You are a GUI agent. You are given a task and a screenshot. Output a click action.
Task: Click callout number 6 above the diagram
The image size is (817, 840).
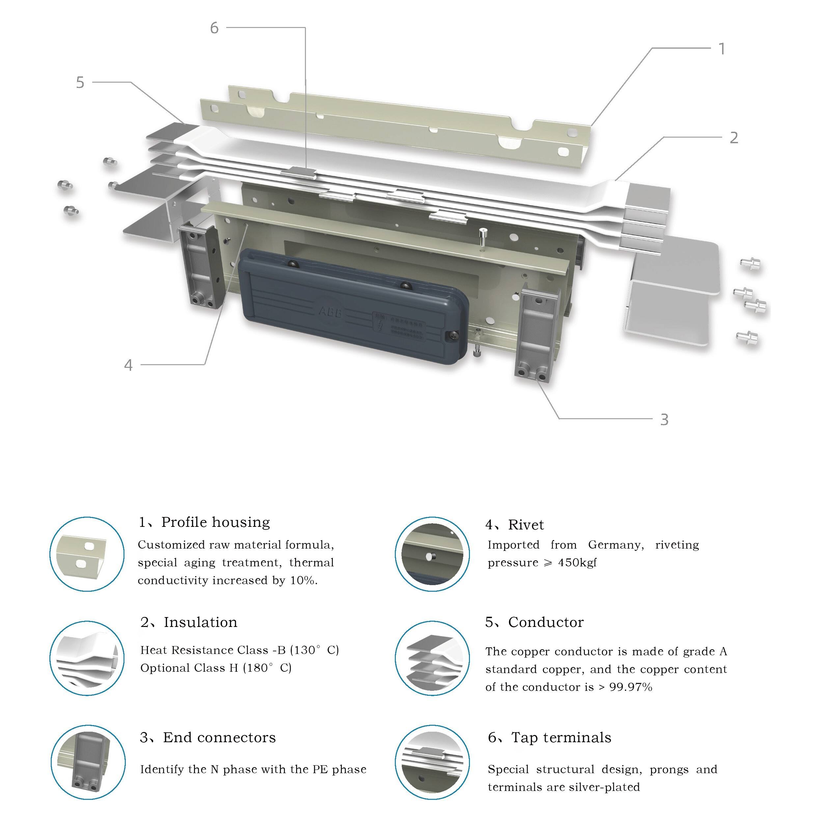[x=214, y=28]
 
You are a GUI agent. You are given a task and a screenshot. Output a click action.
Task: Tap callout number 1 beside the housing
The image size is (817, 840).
[x=722, y=49]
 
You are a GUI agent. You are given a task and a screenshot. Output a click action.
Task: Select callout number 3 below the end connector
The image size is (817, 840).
[x=664, y=420]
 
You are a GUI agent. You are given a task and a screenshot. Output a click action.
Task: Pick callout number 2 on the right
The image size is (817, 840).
[x=734, y=138]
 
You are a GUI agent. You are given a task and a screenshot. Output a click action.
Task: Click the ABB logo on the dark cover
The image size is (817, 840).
[x=330, y=311]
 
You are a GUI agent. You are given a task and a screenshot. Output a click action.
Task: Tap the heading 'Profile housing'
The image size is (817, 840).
[x=215, y=522]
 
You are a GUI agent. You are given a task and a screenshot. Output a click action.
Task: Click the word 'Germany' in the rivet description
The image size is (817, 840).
[x=616, y=545]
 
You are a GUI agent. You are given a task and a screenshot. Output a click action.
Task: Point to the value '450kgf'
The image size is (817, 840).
[x=577, y=562]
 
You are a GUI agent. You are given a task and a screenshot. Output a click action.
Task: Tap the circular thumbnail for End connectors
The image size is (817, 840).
[x=88, y=762]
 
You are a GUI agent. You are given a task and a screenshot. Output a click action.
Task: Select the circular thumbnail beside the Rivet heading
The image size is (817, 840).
[x=432, y=554]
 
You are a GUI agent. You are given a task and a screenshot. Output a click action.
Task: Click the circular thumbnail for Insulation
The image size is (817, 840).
[x=87, y=658]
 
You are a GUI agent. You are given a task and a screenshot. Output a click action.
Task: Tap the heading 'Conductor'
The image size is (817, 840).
[x=546, y=622]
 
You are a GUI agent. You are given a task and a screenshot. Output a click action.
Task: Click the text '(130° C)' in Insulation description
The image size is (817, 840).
[x=314, y=650]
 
